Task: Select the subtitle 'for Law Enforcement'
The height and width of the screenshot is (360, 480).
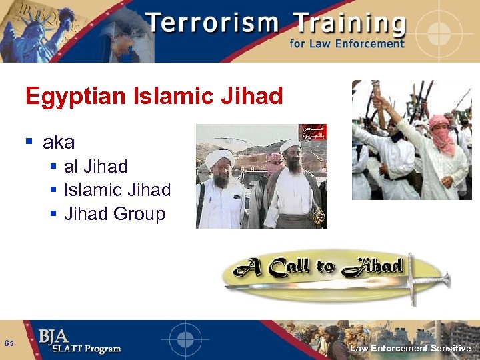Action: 347,45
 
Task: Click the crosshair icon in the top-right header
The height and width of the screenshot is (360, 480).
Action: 442,31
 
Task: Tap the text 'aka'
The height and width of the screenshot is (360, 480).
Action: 59,142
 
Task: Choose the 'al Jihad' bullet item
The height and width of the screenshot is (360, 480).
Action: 95,167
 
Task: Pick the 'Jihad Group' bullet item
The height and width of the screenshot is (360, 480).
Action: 114,214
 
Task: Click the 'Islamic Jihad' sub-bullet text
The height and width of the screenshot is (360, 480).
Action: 117,190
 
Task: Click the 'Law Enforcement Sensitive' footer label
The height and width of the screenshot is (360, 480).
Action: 410,348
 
